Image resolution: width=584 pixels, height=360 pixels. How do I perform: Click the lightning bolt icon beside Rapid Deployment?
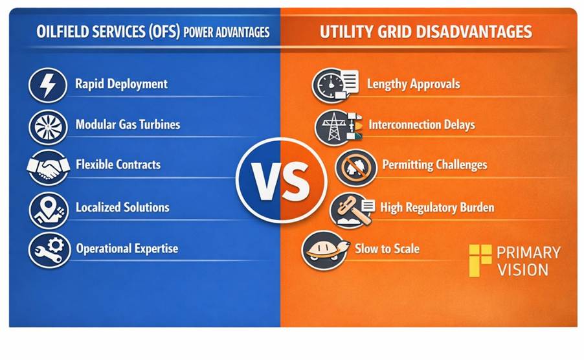48,85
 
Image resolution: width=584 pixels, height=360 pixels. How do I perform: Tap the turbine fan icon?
48,128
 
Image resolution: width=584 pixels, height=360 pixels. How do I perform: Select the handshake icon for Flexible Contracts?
49,168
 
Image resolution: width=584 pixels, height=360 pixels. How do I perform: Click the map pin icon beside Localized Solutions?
49,210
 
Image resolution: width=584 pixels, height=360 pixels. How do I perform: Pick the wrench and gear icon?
49,250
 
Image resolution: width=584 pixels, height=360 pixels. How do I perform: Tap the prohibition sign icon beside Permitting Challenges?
356,168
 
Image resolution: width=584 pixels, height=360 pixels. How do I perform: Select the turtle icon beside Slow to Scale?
325,251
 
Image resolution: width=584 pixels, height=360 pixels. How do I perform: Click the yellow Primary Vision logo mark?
480,260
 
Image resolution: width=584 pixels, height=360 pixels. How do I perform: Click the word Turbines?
159,124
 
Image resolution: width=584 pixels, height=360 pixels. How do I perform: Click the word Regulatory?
431,208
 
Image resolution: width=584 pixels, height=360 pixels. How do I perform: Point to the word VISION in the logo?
522,270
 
